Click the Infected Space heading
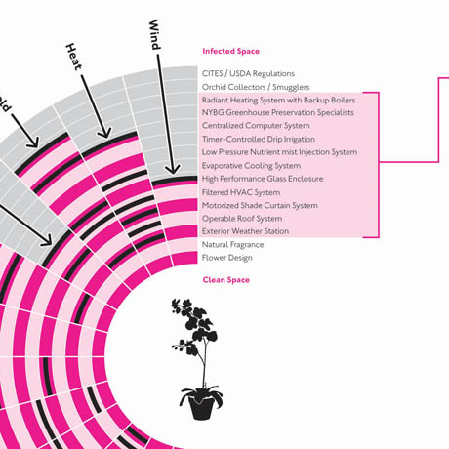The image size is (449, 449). coord(230,51)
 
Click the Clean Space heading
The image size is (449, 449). coord(225,280)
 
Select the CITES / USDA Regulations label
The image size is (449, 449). coord(248,73)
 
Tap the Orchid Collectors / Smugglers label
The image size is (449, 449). coord(256,87)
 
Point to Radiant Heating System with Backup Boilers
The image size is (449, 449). coord(278,100)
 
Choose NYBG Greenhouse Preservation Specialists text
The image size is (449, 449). coord(278,112)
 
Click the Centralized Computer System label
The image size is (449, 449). coord(256,126)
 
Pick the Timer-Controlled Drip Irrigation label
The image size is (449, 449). coord(259,139)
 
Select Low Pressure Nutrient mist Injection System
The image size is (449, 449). coord(279,152)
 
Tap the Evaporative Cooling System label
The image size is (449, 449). coord(251,166)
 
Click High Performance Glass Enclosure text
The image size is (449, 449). coord(263,179)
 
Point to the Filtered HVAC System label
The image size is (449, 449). coord(241,192)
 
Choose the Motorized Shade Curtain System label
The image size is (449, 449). coord(260,206)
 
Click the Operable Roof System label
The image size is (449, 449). coord(242,219)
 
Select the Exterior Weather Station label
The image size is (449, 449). coord(245,231)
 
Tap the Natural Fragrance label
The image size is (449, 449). coord(232,245)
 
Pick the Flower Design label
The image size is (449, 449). coord(227,258)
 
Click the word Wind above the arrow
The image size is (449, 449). coord(154,34)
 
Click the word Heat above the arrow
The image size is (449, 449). coord(73,57)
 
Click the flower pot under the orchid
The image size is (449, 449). coord(202,407)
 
